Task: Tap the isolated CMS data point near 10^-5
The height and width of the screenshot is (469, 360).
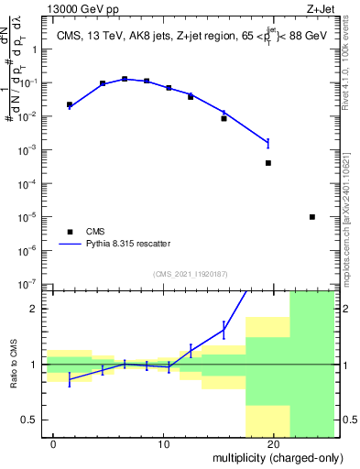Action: pyautogui.click(x=312, y=217)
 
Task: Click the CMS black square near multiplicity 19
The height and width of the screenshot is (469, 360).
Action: pyautogui.click(x=268, y=163)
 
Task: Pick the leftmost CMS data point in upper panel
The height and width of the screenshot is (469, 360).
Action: pyautogui.click(x=70, y=104)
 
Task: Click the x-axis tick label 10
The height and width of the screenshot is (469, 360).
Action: pyautogui.click(x=163, y=444)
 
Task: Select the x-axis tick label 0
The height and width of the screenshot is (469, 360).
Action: pyautogui.click(x=54, y=444)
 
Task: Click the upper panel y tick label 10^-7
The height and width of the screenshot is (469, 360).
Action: pyautogui.click(x=30, y=285)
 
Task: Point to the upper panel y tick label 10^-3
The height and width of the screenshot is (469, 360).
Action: pyautogui.click(x=30, y=150)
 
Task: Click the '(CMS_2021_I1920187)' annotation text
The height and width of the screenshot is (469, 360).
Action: pyautogui.click(x=190, y=273)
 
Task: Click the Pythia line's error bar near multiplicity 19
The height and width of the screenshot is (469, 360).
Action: pyautogui.click(x=268, y=143)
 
